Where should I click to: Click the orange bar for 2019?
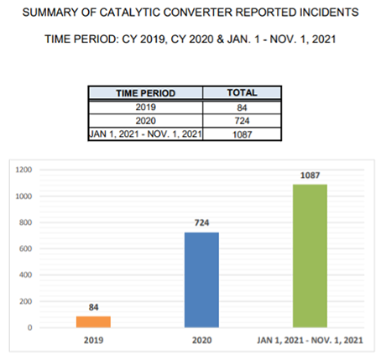tap(93, 321)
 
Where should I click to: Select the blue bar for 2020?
tap(201, 279)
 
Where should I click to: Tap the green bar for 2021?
tap(310, 256)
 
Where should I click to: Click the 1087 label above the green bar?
tap(310, 175)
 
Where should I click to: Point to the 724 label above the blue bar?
tap(201, 223)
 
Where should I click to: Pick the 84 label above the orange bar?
tap(93, 307)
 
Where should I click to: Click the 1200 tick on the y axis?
tap(23, 170)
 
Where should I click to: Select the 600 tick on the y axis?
tap(25, 248)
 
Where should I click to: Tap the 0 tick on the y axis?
tap(29, 327)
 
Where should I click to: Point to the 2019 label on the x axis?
tap(93, 341)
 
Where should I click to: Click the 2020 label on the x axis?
tap(201, 341)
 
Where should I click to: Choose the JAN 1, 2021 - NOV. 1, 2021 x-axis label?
tap(310, 341)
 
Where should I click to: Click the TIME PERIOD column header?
tap(146, 93)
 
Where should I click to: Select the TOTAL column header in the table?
tap(242, 92)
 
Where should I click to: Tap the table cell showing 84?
tap(242, 107)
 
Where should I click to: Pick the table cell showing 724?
tap(242, 121)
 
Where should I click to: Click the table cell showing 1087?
tap(242, 134)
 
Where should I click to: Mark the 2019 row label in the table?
tap(146, 107)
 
